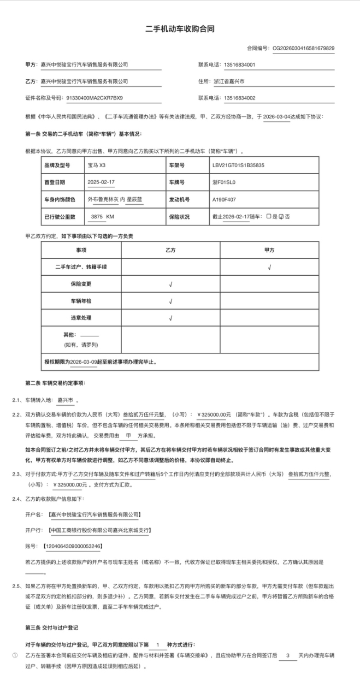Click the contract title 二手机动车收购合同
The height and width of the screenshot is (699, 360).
pos(180,28)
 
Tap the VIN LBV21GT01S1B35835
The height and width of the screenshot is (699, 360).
pos(238,165)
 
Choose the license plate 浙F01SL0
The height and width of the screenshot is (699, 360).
pos(223,182)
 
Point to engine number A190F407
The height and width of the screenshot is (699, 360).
pos(225,199)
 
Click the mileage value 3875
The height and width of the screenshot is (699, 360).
pos(97,217)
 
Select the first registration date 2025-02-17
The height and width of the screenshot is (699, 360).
pos(101,182)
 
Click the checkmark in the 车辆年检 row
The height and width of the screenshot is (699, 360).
pos(171,301)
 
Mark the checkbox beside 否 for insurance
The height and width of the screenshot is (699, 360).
pos(281,217)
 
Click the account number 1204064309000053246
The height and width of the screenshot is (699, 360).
pos(75,546)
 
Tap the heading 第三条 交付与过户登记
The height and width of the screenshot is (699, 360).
pos(52,627)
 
